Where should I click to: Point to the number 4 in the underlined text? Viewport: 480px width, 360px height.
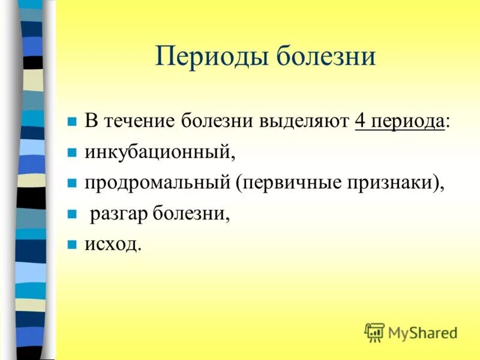click(360, 121)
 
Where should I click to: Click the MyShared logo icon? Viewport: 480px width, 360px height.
click(374, 332)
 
